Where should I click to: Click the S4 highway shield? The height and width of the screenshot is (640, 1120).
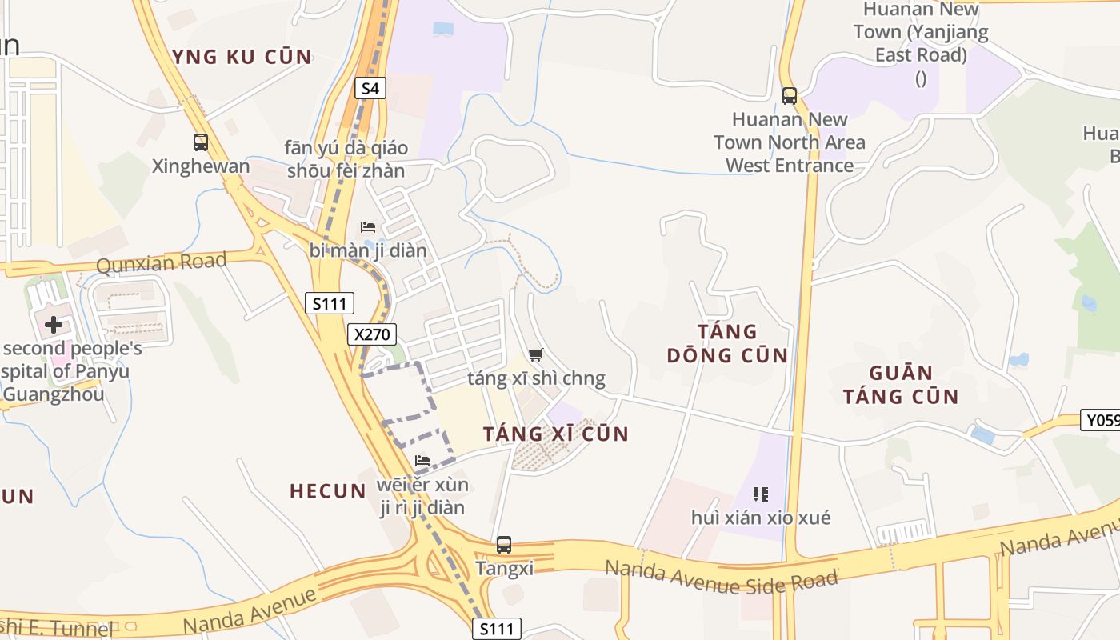370,88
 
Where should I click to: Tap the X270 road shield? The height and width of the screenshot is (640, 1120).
372,334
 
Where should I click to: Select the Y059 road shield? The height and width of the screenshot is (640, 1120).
1100,420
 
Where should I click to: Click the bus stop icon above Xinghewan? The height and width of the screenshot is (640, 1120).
201,142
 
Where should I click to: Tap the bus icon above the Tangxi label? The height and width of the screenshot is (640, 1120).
503,545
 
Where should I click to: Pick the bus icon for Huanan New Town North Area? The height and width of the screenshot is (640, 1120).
790,96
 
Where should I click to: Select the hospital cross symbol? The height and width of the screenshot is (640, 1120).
54,325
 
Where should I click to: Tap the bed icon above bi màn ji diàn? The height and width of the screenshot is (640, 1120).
368,227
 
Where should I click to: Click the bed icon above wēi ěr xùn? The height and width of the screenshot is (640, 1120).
422,460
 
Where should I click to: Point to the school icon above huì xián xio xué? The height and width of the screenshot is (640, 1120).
760,494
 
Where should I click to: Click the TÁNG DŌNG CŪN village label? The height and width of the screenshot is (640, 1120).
727,343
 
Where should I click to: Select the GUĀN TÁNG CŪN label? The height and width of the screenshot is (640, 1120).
901,384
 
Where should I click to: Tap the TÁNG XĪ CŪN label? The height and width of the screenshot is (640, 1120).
556,434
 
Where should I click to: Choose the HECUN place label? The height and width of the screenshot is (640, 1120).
328,491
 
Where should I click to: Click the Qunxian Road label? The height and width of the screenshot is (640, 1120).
162,262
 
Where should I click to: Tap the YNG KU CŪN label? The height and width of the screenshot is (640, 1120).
242,57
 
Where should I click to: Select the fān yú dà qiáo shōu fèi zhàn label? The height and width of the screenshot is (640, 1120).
346,159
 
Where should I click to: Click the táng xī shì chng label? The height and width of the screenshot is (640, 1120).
536,378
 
